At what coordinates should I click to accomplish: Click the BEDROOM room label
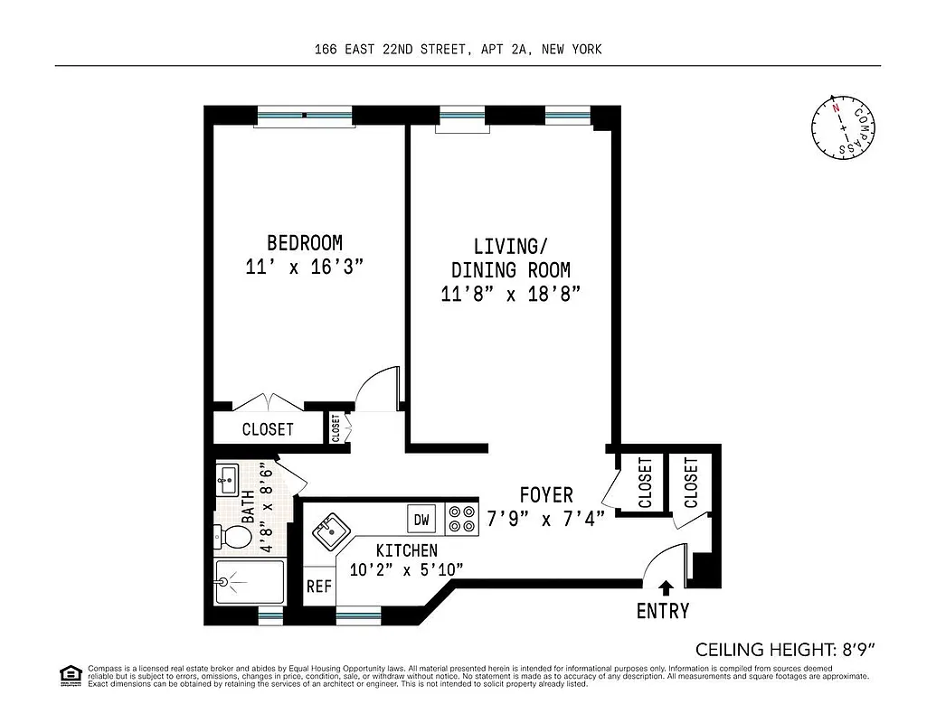[304, 242]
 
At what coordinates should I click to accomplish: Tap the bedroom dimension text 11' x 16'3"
[304, 268]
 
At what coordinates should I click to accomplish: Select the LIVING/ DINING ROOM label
[510, 258]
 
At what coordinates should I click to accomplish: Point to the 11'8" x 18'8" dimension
[510, 294]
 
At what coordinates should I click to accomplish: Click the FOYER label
[545, 494]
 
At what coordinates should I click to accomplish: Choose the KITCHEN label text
[407, 549]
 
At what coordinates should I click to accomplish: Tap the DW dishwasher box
[421, 520]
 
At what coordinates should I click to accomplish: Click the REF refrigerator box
[318, 586]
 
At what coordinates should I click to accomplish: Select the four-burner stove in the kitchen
[462, 519]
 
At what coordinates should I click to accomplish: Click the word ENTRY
[662, 611]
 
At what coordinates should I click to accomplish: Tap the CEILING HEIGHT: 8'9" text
[786, 649]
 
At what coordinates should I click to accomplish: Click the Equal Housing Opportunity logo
[68, 674]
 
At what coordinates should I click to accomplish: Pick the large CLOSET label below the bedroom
[268, 429]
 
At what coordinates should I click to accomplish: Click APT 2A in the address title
[502, 50]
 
